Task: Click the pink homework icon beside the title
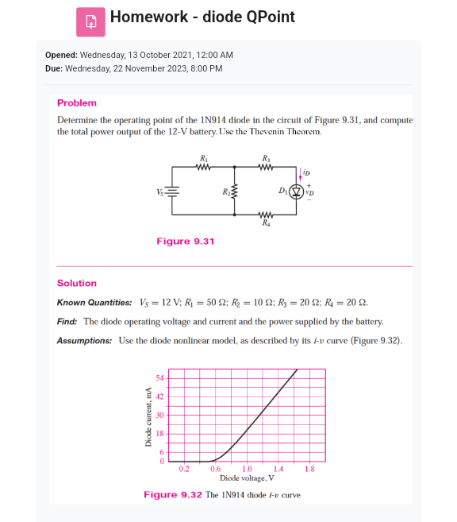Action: point(90,21)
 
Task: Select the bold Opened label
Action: point(60,55)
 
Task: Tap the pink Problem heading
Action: point(77,102)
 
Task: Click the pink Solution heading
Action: point(77,283)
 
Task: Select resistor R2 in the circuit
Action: point(233,191)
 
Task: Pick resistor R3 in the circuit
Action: point(265,167)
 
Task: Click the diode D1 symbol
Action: point(298,191)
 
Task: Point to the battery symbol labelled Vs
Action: point(172,191)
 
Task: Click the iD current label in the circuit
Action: point(306,172)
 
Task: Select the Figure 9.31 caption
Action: point(185,241)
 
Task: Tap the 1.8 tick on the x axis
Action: point(309,469)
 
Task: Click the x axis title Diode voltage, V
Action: point(247,478)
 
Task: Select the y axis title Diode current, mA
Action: point(147,416)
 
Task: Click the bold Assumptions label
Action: point(85,341)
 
